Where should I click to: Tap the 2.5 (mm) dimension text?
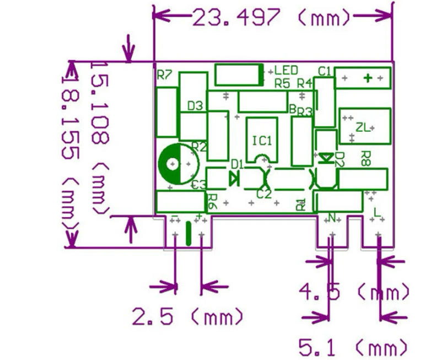(x=187, y=317)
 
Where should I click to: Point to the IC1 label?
(x=262, y=141)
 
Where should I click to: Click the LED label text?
(x=286, y=71)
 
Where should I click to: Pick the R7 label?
(x=164, y=76)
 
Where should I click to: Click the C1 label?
(x=325, y=71)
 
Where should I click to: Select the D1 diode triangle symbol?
(x=233, y=178)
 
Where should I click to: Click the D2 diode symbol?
(x=327, y=158)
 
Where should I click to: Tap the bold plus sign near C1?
(x=368, y=78)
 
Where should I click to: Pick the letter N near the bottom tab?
(x=332, y=216)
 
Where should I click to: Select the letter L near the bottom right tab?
(x=377, y=212)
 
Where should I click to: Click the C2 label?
(x=264, y=194)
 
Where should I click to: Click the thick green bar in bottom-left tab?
(x=189, y=233)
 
